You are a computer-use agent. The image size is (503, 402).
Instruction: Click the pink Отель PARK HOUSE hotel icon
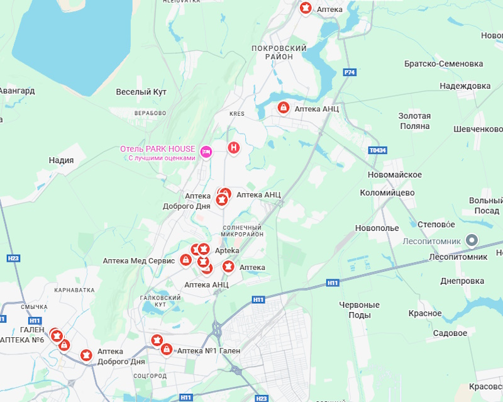(x=206, y=151)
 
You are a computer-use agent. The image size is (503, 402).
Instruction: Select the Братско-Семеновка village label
(x=443, y=64)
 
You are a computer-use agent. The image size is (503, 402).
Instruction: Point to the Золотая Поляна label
(x=414, y=121)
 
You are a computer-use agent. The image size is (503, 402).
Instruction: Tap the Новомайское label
(x=395, y=174)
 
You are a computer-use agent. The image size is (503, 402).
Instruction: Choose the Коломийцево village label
(x=387, y=193)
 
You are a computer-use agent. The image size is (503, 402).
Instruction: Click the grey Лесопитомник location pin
(x=472, y=240)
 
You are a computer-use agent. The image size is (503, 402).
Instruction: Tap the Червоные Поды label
(x=359, y=310)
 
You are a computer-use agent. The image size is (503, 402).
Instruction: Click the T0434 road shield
(x=377, y=151)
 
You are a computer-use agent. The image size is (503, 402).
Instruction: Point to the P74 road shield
(x=350, y=73)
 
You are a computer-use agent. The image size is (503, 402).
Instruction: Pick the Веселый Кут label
(x=141, y=92)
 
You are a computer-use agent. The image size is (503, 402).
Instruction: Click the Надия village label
(x=61, y=160)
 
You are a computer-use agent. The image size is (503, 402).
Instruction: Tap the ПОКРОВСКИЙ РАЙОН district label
(x=279, y=52)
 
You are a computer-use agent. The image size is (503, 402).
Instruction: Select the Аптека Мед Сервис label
(x=138, y=260)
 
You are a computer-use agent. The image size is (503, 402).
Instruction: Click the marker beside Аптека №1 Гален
(x=167, y=349)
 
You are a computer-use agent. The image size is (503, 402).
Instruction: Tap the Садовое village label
(x=450, y=333)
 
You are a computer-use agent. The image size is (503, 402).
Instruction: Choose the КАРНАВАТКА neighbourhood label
(x=74, y=291)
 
